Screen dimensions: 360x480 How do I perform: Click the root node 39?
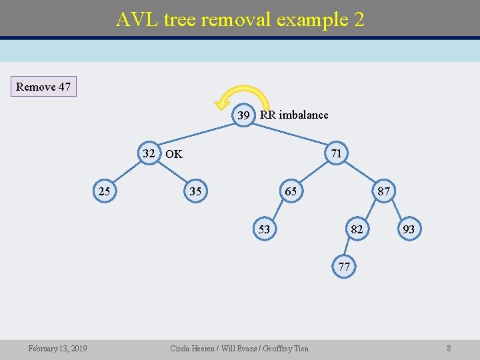(x=244, y=115)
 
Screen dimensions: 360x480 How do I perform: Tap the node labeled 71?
(x=337, y=153)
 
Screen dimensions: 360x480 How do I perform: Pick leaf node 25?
(x=104, y=192)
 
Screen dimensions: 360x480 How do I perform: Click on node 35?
(x=195, y=192)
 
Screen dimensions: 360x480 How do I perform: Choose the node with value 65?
(x=291, y=192)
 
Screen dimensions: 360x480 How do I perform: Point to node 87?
(x=384, y=192)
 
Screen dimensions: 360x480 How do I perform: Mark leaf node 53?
(x=264, y=229)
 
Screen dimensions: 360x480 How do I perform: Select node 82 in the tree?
(x=357, y=229)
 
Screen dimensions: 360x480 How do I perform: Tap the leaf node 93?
(x=409, y=229)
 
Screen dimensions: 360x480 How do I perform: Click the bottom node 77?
(x=344, y=267)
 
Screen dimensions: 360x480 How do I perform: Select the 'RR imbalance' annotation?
(x=294, y=115)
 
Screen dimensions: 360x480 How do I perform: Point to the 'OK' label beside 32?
(x=174, y=154)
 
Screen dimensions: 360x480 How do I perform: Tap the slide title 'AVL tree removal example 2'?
(x=240, y=19)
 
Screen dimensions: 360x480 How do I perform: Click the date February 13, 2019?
(x=57, y=348)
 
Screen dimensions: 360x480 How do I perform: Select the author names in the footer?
(x=239, y=348)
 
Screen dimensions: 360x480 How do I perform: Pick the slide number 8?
(x=449, y=348)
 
